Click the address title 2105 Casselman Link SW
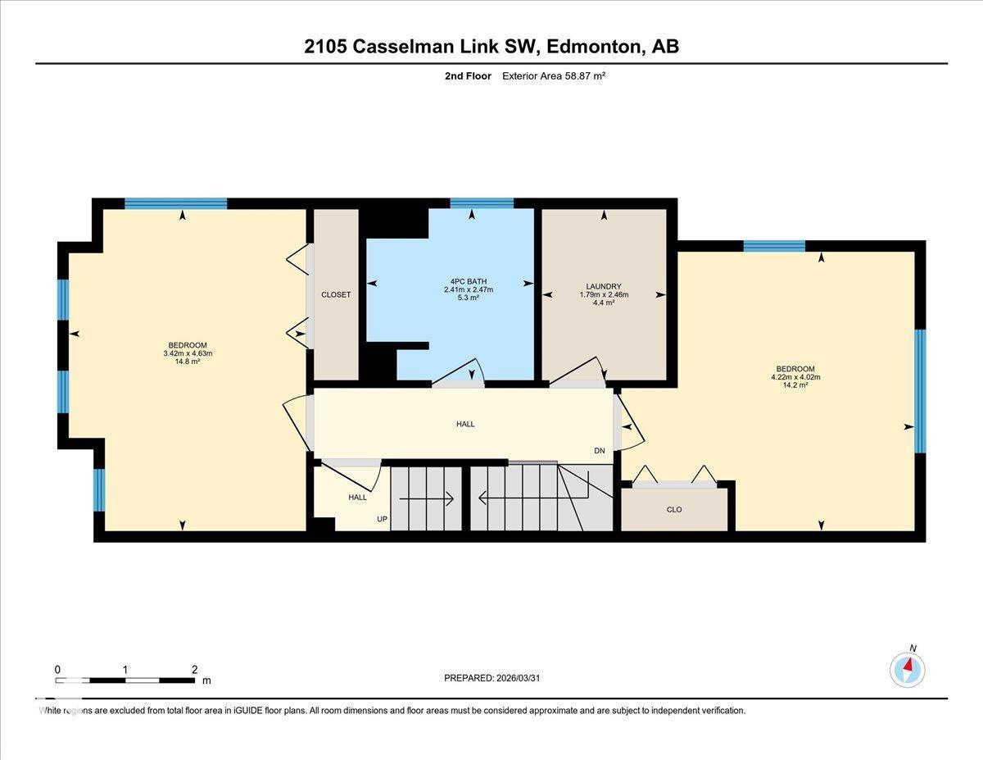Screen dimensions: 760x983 pos(491,47)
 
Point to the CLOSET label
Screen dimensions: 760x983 pos(336,295)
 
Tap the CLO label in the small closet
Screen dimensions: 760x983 pos(673,510)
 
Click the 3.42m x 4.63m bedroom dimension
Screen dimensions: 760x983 pos(188,353)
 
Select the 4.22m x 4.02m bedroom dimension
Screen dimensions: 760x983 pos(795,377)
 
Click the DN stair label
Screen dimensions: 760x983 pos(600,451)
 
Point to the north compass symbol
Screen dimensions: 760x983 pos(908,669)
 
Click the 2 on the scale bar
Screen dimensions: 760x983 pos(194,670)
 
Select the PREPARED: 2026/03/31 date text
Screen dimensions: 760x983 pos(492,678)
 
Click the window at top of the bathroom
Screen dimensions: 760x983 pos(482,203)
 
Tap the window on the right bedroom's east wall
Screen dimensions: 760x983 pos(919,391)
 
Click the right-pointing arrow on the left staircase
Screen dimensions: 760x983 pos(427,498)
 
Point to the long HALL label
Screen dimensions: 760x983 pos(465,425)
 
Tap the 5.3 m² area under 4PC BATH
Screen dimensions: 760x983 pos(468,298)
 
